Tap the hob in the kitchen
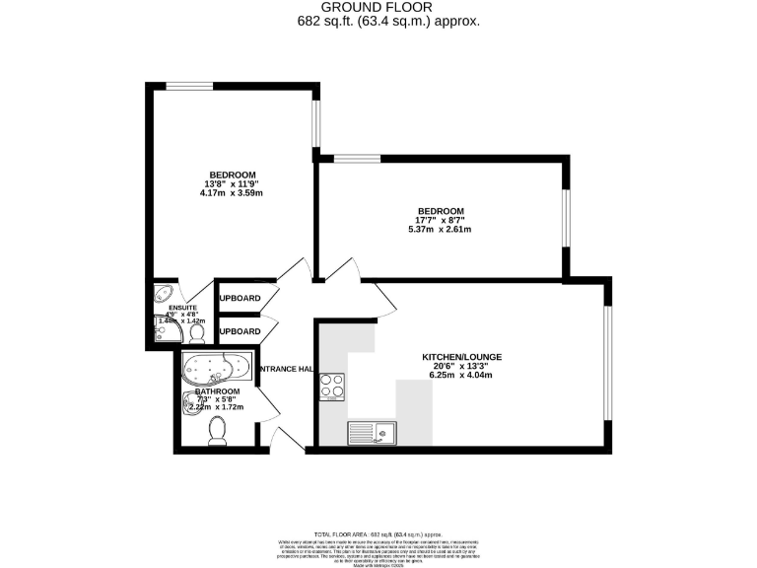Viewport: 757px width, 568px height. coord(332,387)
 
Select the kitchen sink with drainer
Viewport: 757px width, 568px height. coord(372,431)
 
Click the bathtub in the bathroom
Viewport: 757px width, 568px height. coord(216,369)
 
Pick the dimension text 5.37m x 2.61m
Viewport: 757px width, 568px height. coord(441,230)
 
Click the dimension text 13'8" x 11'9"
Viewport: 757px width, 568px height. coord(232,183)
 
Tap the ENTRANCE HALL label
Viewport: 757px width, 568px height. coord(285,370)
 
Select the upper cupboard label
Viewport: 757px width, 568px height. coord(239,298)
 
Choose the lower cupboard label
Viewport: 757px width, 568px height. coord(239,331)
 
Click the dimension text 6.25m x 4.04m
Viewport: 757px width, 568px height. coord(456,375)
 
